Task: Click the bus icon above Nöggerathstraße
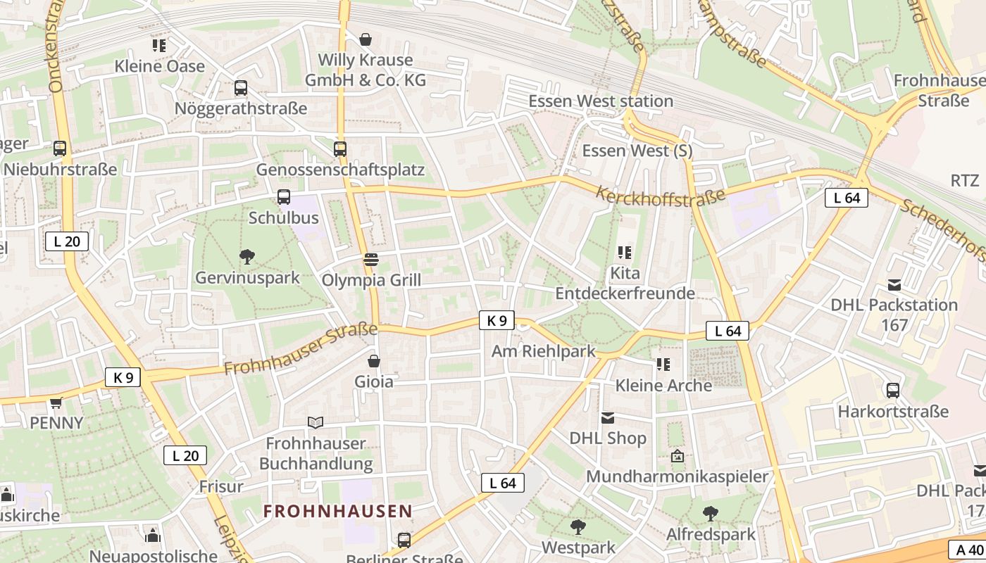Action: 241,88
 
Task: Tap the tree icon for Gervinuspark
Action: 247,257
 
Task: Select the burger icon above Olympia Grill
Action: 371,260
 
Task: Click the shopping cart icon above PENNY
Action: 56,403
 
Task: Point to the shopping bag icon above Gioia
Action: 374,361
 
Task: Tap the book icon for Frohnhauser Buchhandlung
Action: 316,422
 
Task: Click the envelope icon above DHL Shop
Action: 608,418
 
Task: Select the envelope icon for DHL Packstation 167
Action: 894,285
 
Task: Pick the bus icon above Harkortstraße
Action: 893,390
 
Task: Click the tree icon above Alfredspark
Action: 711,513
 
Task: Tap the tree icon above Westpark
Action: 578,526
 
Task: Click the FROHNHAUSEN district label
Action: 338,511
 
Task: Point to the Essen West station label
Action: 601,101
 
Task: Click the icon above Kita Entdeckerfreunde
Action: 625,252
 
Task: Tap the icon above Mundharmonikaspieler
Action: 678,456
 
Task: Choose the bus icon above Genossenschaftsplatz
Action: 340,148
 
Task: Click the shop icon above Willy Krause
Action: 366,39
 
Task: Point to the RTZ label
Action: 965,180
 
